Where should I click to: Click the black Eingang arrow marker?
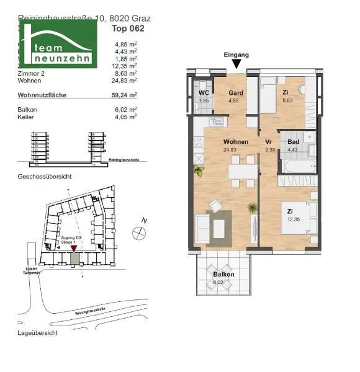pos(236,64)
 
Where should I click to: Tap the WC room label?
pos(203,92)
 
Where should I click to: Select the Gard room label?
pos(235,93)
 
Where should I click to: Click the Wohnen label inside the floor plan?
pos(236,142)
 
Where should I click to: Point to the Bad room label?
pos(293,142)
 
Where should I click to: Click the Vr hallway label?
pos(269,142)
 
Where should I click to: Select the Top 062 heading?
pos(126,28)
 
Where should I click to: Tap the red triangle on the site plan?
pos(74,249)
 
